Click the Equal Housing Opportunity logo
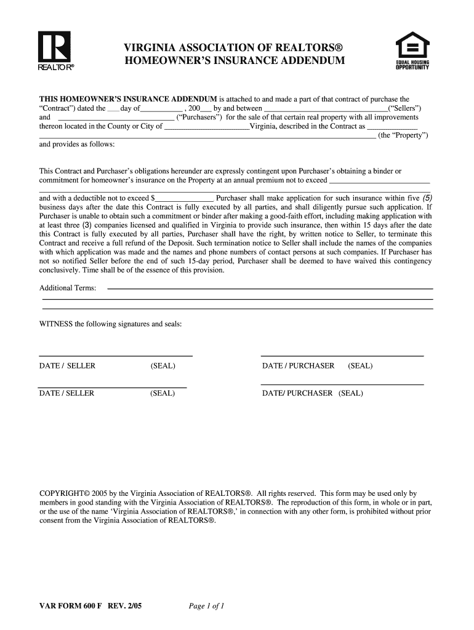412,54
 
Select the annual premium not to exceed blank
379,182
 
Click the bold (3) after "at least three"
74,225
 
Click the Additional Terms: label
68,288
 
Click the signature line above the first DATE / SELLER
116,356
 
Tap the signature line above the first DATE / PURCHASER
342,356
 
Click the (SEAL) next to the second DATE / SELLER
163,393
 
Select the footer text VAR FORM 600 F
71,606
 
